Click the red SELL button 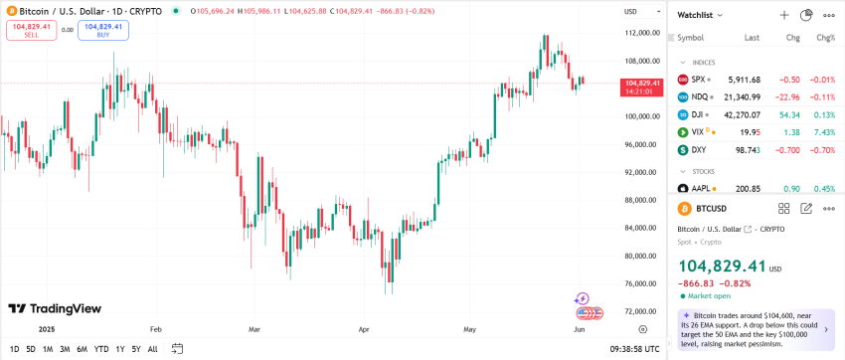point(31,30)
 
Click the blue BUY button point(103,30)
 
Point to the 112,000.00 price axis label point(636,33)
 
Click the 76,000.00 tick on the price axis point(636,283)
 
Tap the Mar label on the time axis point(253,327)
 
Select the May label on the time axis point(470,327)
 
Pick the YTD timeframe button point(101,349)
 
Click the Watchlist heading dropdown point(700,15)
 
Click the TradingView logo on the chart point(55,308)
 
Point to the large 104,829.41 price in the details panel point(722,267)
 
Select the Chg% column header point(825,38)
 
